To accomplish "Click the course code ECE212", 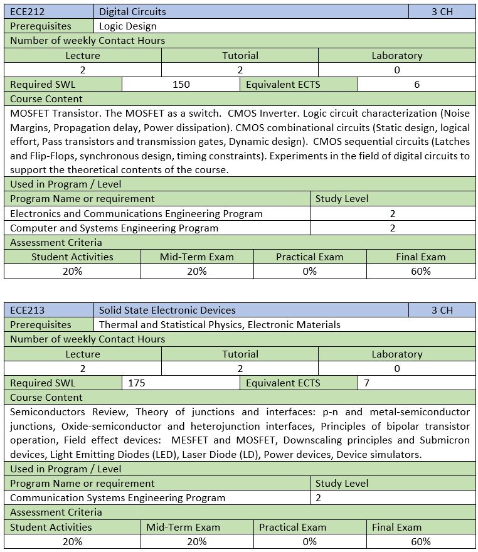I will [28, 11].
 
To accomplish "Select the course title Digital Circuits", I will [132, 11].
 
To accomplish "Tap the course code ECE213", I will [28, 310].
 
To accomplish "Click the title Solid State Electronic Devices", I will [167, 310].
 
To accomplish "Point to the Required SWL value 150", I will [181, 84].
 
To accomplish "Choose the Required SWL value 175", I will [137, 383].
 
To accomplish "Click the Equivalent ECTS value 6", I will [417, 84].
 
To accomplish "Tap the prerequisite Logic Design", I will [128, 26].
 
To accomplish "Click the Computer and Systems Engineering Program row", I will [114, 228].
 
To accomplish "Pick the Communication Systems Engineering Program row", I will [117, 498].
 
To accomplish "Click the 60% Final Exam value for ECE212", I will [421, 272].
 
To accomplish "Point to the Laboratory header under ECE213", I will [396, 354].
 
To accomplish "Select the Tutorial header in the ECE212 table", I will [240, 55].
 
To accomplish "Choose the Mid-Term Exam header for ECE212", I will [196, 257].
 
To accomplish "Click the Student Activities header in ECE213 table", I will [51, 528].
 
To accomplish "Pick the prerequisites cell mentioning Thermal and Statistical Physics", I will [220, 325].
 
